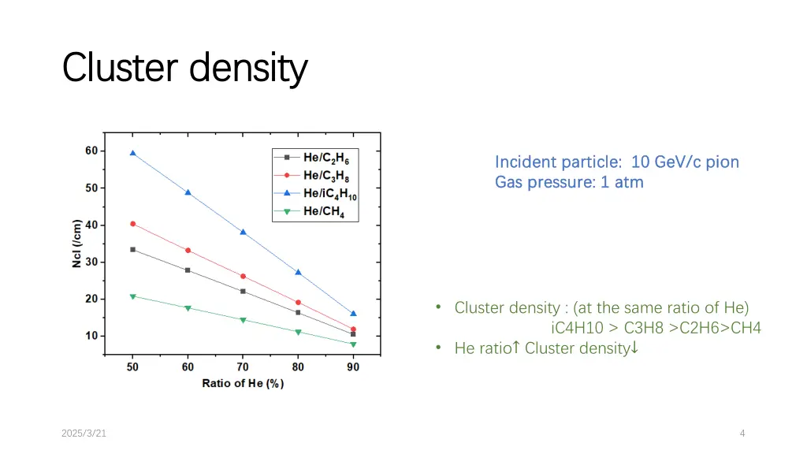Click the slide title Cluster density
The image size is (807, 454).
pyautogui.click(x=184, y=69)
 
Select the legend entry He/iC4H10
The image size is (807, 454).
pyautogui.click(x=329, y=193)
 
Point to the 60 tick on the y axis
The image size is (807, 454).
pyautogui.click(x=91, y=151)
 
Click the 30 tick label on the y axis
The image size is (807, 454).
pyautogui.click(x=91, y=262)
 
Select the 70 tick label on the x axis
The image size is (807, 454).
pyautogui.click(x=243, y=367)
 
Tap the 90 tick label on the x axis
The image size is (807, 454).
pyautogui.click(x=353, y=367)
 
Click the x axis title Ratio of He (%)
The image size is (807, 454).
pyautogui.click(x=243, y=384)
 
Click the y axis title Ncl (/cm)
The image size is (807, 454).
pyautogui.click(x=76, y=244)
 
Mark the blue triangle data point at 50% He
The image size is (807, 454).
pyautogui.click(x=132, y=153)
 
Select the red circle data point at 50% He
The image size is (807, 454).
pyautogui.click(x=132, y=224)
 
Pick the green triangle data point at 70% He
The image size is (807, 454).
pyautogui.click(x=243, y=320)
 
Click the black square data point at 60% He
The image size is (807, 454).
pyautogui.click(x=188, y=270)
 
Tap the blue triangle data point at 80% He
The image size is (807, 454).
pyautogui.click(x=298, y=272)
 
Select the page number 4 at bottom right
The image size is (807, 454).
pyautogui.click(x=742, y=433)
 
